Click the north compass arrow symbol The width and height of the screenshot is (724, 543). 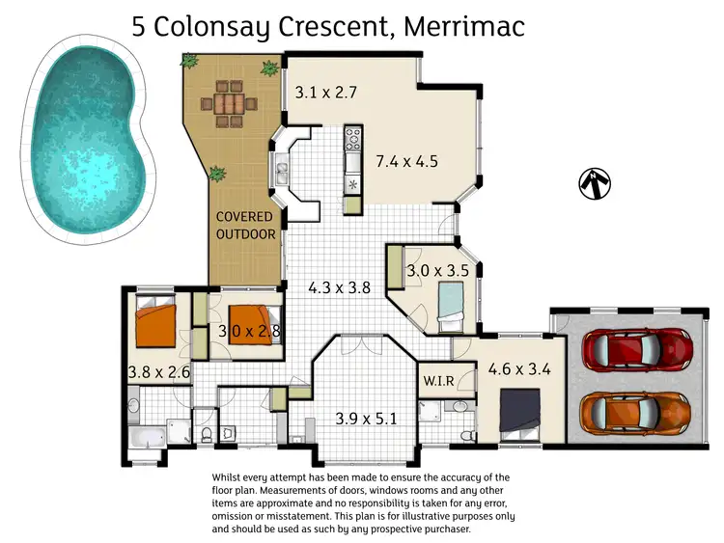(x=597, y=182)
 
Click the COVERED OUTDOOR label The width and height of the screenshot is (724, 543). (x=244, y=226)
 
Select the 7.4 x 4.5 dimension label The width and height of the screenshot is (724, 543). (x=406, y=161)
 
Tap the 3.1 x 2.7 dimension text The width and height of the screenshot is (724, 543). (x=327, y=93)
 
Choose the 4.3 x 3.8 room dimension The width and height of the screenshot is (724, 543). (x=340, y=286)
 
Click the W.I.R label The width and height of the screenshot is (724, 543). (x=439, y=380)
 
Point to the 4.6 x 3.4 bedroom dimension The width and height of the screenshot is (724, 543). (x=521, y=367)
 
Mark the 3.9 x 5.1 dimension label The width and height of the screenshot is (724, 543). (x=367, y=419)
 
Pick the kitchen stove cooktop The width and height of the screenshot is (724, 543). (x=352, y=137)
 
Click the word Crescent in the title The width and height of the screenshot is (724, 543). (x=327, y=26)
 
